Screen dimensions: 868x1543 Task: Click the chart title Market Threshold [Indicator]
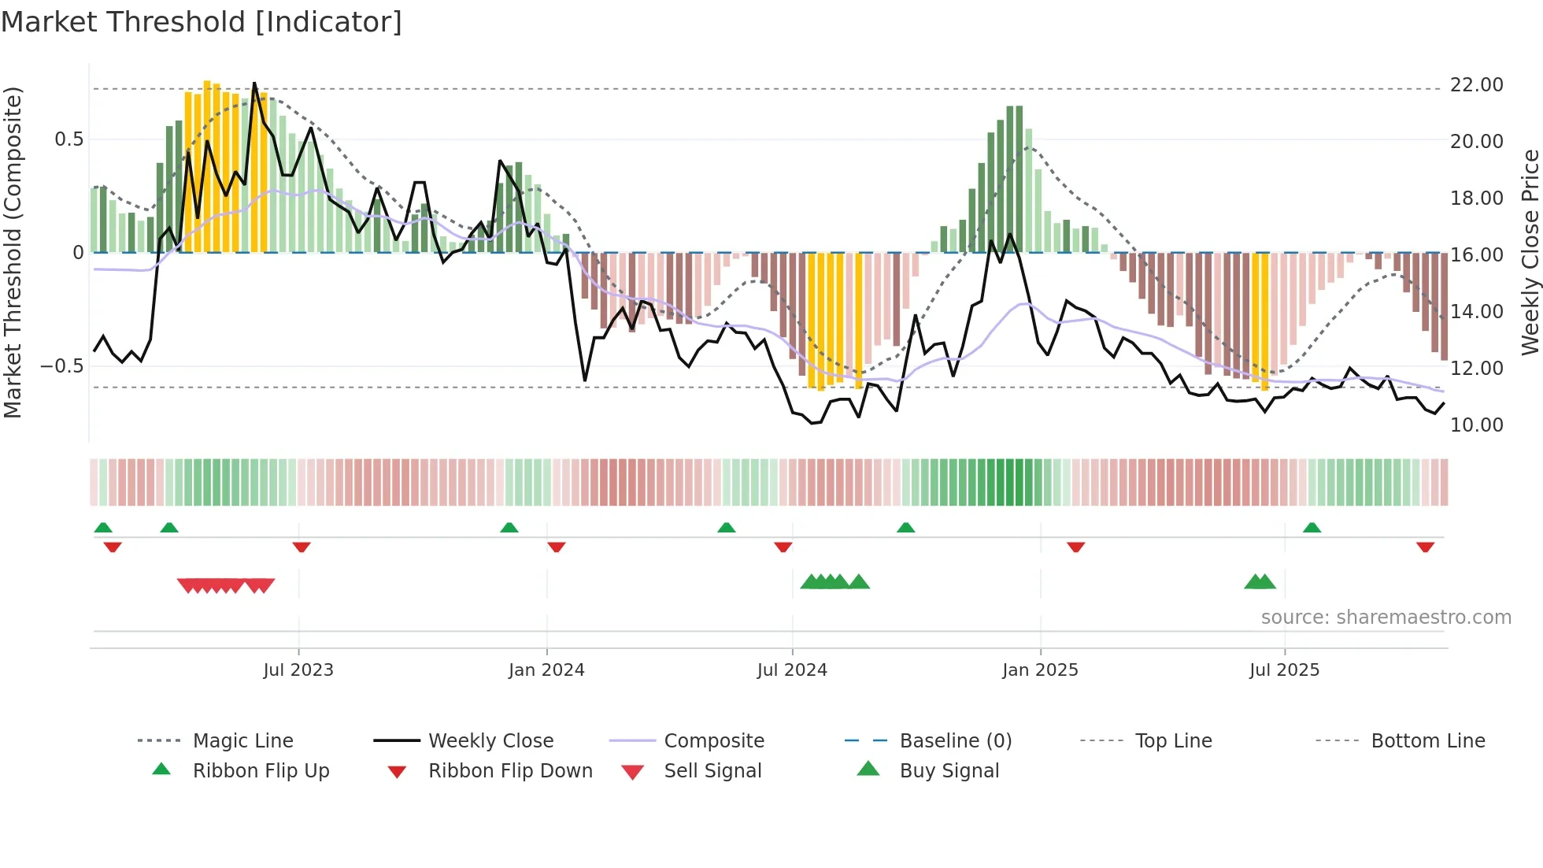click(x=202, y=22)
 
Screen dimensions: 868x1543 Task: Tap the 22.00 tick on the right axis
click(x=1476, y=85)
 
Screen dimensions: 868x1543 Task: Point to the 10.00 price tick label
click(x=1476, y=425)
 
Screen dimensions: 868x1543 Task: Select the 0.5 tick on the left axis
click(x=68, y=139)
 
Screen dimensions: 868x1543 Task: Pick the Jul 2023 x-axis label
click(x=298, y=670)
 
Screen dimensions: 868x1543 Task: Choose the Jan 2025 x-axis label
click(x=1040, y=670)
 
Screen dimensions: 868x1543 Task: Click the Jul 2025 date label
click(x=1284, y=670)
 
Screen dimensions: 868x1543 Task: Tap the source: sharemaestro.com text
click(x=1386, y=618)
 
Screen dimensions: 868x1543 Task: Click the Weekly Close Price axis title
click(x=1530, y=252)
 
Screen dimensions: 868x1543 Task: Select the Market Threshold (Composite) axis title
click(x=13, y=252)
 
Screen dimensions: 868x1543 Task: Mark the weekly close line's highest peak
click(x=254, y=83)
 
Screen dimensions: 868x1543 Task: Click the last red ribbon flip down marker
click(x=1425, y=547)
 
